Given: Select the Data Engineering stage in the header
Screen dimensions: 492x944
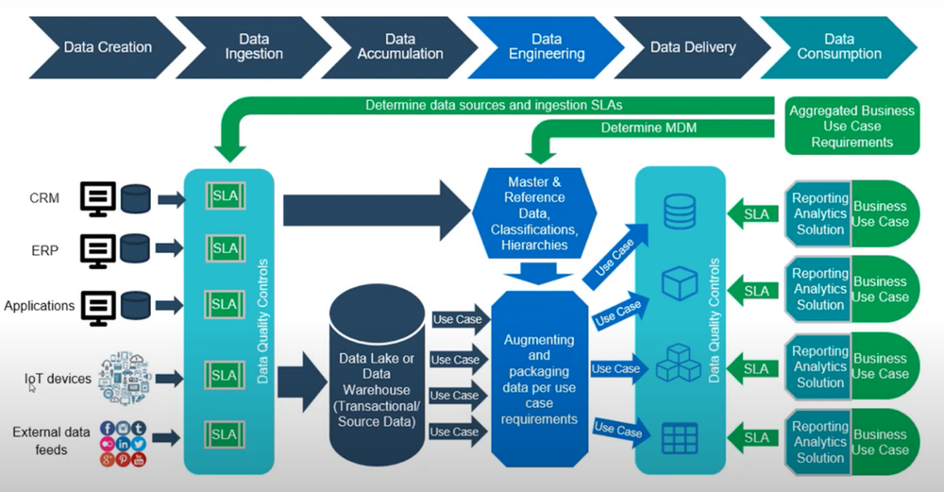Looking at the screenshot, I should [547, 46].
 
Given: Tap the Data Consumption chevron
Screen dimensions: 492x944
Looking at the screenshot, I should [838, 46].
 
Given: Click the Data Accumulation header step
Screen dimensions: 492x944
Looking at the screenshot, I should [399, 46].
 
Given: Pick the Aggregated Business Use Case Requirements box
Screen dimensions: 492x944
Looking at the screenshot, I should [851, 126].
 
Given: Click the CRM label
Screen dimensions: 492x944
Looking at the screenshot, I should [45, 198].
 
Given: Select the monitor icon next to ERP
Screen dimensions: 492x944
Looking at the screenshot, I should [98, 250].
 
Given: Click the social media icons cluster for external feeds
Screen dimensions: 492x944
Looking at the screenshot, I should [123, 444].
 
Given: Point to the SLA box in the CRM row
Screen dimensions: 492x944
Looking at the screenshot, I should [225, 197].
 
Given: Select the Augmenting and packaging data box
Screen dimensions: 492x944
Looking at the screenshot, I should [539, 378].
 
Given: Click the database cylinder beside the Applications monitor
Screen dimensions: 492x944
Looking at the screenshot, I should [136, 305].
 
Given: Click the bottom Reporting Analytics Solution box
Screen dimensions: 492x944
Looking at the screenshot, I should [819, 442].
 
